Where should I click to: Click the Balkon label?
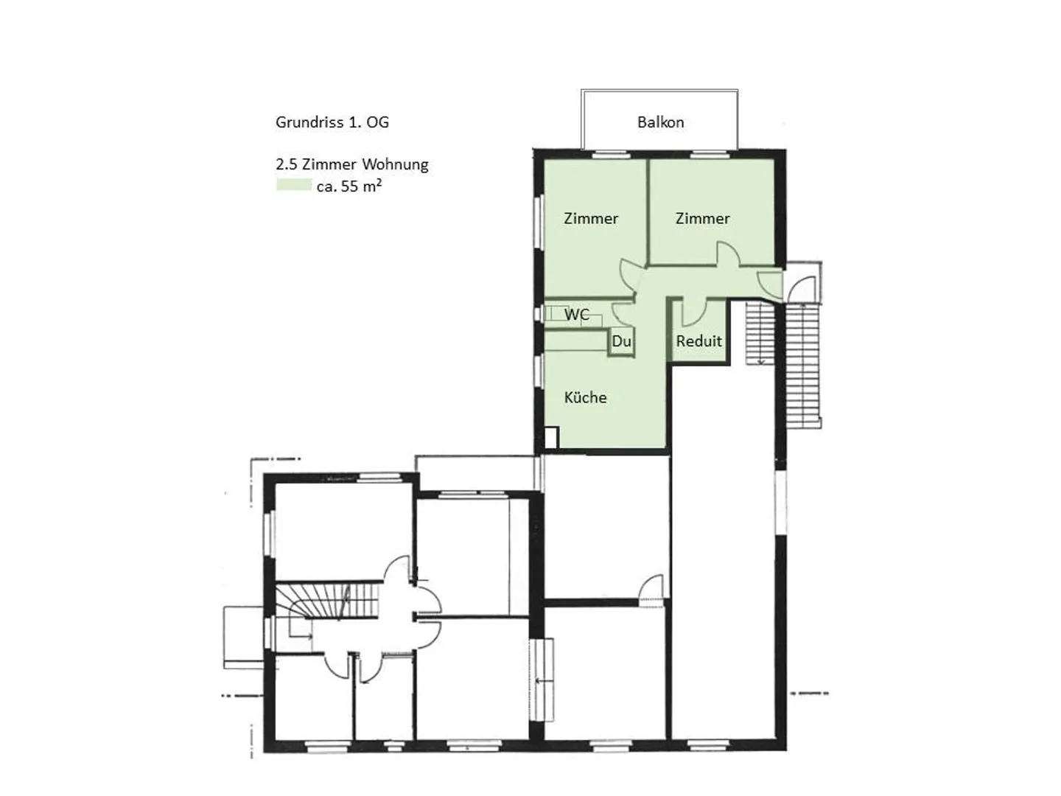[x=660, y=122]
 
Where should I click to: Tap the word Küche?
[x=585, y=398]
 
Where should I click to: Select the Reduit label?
[x=698, y=341]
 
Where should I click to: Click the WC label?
[x=576, y=315]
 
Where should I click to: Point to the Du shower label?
[x=621, y=341]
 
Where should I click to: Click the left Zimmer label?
[x=590, y=218]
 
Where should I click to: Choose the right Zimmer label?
[x=702, y=218]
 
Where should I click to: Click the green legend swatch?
[x=293, y=186]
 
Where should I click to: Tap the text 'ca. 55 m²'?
[x=349, y=186]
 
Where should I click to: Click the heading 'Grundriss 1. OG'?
[x=332, y=122]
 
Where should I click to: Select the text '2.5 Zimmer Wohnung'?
[x=351, y=164]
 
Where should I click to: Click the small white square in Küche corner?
[x=550, y=438]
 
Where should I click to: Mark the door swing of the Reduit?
[x=693, y=313]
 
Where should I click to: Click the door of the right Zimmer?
[x=728, y=254]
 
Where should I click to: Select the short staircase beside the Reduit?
[x=757, y=332]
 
